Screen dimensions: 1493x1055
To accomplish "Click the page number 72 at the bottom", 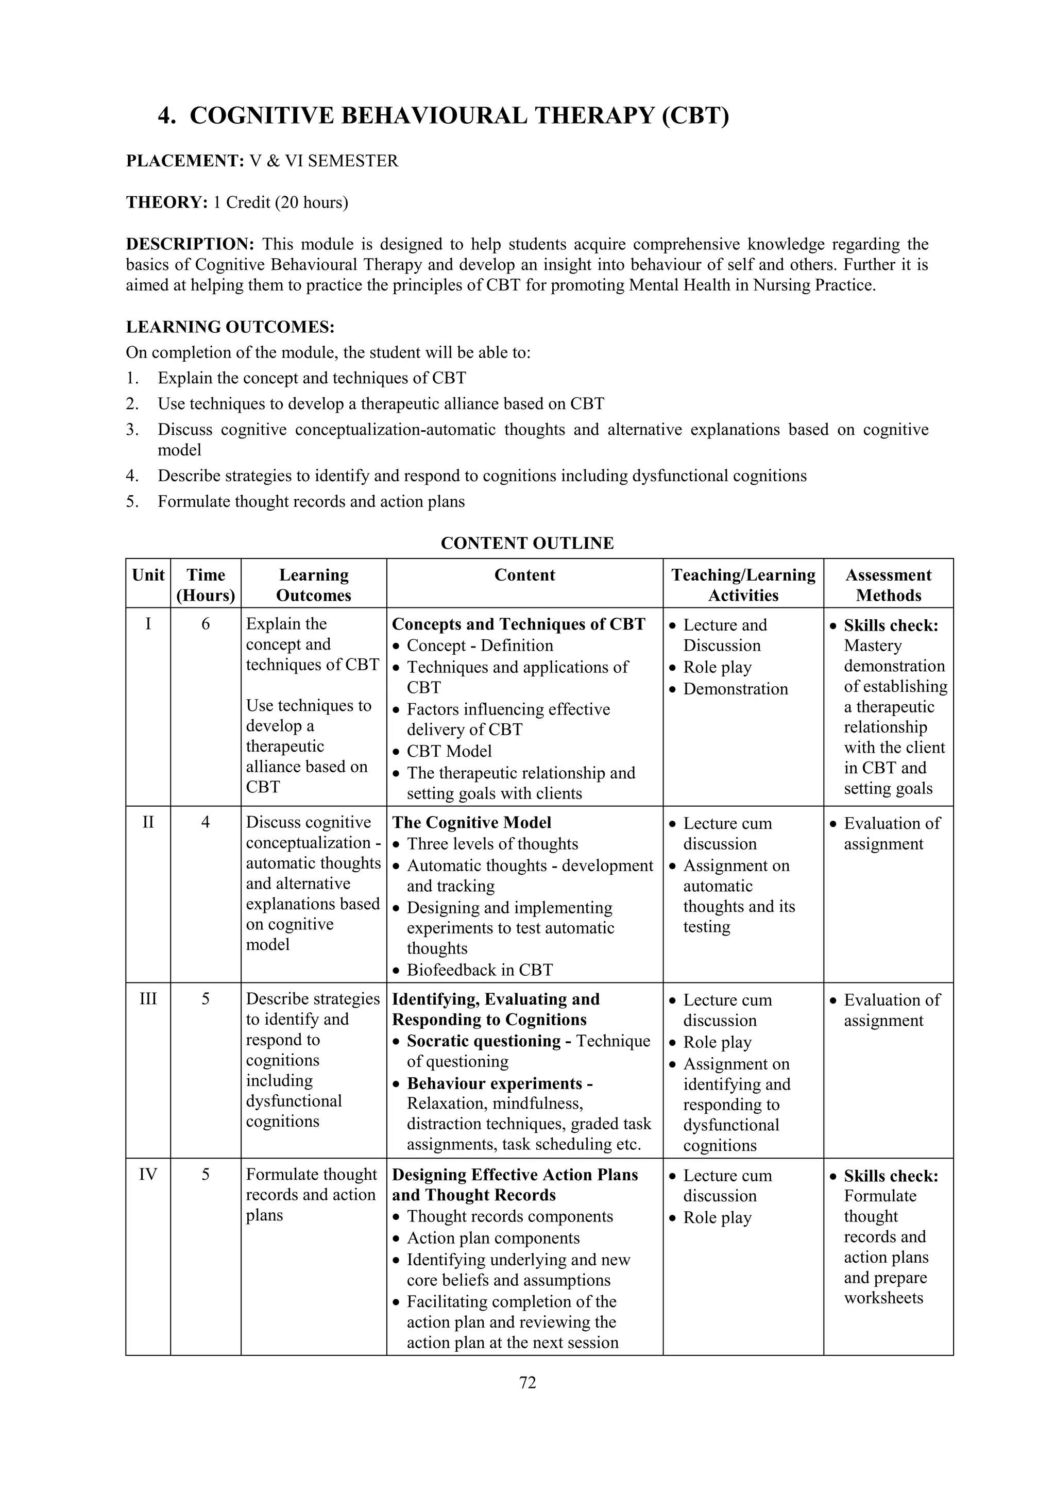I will tap(527, 1382).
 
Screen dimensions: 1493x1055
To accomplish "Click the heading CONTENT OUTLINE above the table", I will tap(527, 543).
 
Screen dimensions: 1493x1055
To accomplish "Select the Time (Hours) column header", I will tap(206, 585).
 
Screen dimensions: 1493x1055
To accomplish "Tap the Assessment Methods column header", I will tap(888, 585).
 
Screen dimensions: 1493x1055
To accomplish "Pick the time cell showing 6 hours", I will tap(206, 624).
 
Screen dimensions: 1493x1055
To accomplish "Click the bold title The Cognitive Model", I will tap(471, 823).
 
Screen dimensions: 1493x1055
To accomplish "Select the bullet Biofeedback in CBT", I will tap(479, 970).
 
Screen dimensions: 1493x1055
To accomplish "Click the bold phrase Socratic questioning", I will tap(484, 1041).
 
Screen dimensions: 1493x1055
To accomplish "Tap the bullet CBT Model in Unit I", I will tap(449, 751).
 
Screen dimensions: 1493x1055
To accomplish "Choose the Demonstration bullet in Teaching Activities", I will tap(735, 689).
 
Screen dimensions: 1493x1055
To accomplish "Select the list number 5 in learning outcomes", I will tap(132, 501).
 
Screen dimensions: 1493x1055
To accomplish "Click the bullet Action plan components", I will tap(492, 1238).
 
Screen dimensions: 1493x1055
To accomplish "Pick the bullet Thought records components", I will tap(509, 1217).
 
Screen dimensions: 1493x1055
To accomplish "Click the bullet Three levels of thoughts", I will tap(492, 844).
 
